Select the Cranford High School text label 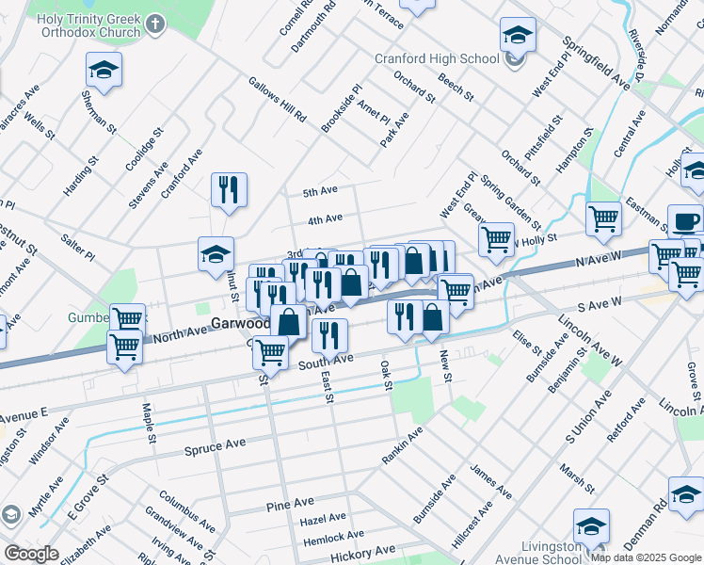pos(438,58)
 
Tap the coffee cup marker pos(685,222)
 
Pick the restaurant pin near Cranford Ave pos(229,190)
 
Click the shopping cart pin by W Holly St pos(496,237)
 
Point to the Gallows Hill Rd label pos(277,100)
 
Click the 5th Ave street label pos(320,191)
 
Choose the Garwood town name pos(240,322)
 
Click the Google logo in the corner pos(30,554)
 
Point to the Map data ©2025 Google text pos(647,557)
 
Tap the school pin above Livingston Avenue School pos(591,525)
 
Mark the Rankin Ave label pos(402,444)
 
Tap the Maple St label pos(148,412)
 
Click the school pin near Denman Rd pos(686,493)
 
